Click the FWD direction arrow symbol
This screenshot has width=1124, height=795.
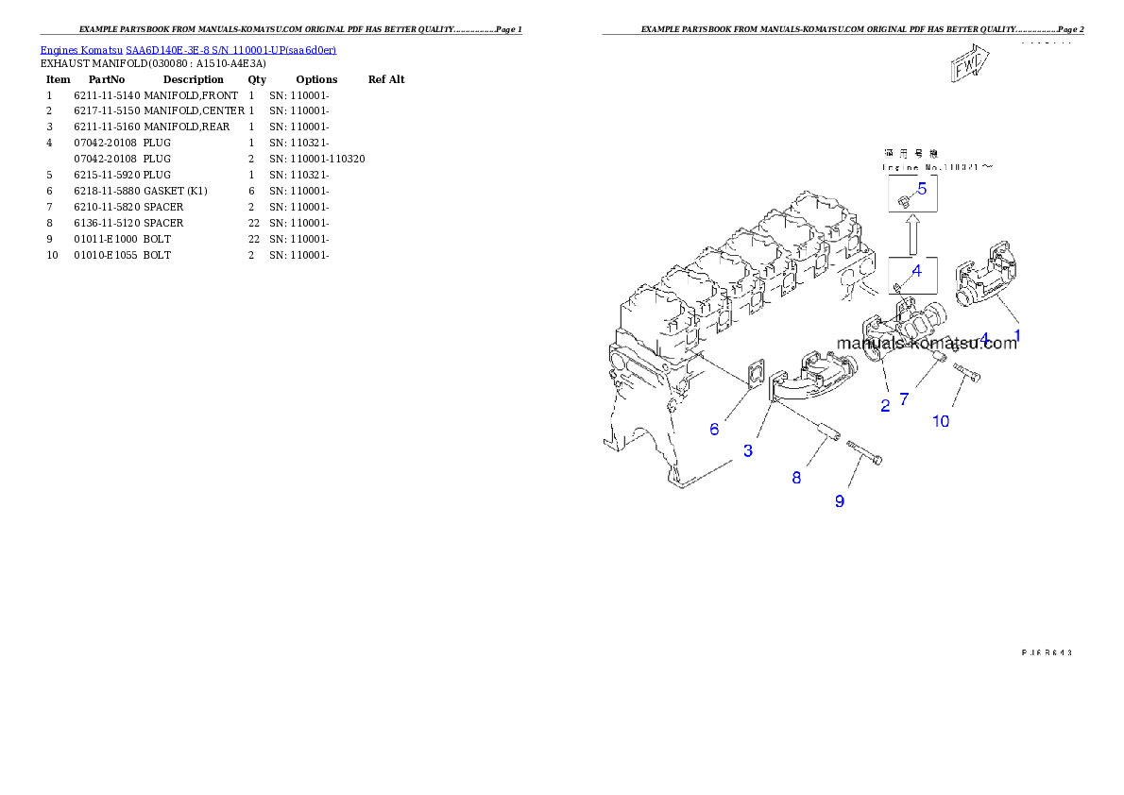coord(969,66)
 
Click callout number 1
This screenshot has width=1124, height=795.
coord(1017,335)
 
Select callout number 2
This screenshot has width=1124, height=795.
coord(885,406)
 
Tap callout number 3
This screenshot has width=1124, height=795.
coord(747,451)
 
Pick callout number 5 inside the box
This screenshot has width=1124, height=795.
coord(922,188)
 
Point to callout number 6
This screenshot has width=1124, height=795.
coord(714,430)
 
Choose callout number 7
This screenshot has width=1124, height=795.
coord(904,399)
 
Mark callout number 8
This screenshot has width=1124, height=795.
coord(796,479)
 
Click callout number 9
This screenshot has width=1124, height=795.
coord(839,501)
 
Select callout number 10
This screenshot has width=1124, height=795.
coord(941,421)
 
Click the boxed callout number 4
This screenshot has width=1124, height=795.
coord(915,269)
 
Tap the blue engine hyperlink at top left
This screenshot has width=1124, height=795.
coord(188,49)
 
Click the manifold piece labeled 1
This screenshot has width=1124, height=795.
coord(982,283)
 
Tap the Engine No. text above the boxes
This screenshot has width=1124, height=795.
coord(938,167)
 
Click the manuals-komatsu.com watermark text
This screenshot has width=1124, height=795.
coord(928,344)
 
